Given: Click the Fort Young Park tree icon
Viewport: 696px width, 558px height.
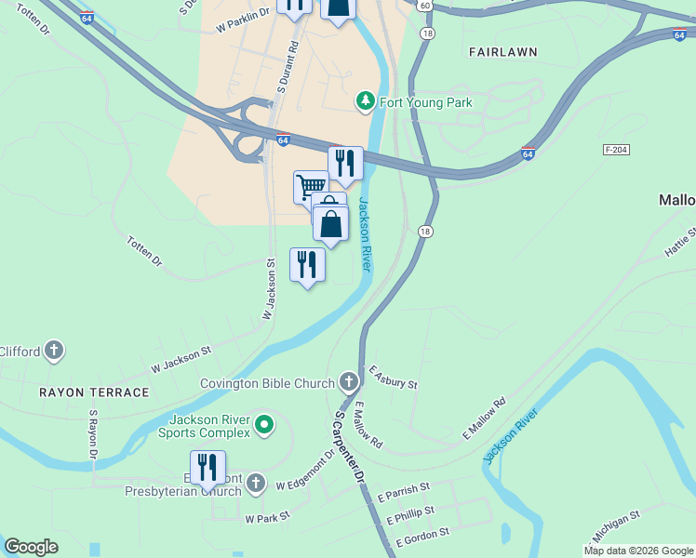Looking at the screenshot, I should (x=366, y=100).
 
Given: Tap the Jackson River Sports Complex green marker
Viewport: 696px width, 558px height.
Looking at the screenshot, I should (x=264, y=426).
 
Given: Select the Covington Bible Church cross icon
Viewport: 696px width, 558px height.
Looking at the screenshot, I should (x=348, y=381).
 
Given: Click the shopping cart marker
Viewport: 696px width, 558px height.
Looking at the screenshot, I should (x=309, y=185).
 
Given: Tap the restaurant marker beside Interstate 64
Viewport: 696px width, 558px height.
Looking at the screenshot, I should (x=345, y=164).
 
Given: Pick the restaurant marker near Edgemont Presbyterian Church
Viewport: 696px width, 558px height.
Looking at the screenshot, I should (x=207, y=468).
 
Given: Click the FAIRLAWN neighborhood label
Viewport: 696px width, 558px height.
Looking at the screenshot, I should (x=502, y=52).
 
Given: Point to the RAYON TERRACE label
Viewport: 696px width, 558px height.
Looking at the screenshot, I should (x=94, y=392).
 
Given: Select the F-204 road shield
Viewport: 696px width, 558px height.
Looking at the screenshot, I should (x=615, y=149).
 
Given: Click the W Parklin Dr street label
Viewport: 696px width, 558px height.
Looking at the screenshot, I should (x=242, y=20).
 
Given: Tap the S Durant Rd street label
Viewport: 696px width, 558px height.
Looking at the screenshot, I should (x=287, y=66).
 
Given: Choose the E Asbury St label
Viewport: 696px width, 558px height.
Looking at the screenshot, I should (x=393, y=377).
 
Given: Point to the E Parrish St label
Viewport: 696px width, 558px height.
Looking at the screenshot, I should (x=403, y=489).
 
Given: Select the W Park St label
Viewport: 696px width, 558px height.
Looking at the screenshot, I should (x=267, y=515).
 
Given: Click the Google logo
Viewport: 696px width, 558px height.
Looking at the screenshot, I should (x=31, y=547).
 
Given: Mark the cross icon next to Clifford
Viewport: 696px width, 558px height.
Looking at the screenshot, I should (x=54, y=351).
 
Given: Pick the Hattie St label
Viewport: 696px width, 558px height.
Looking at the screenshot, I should (x=679, y=244).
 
